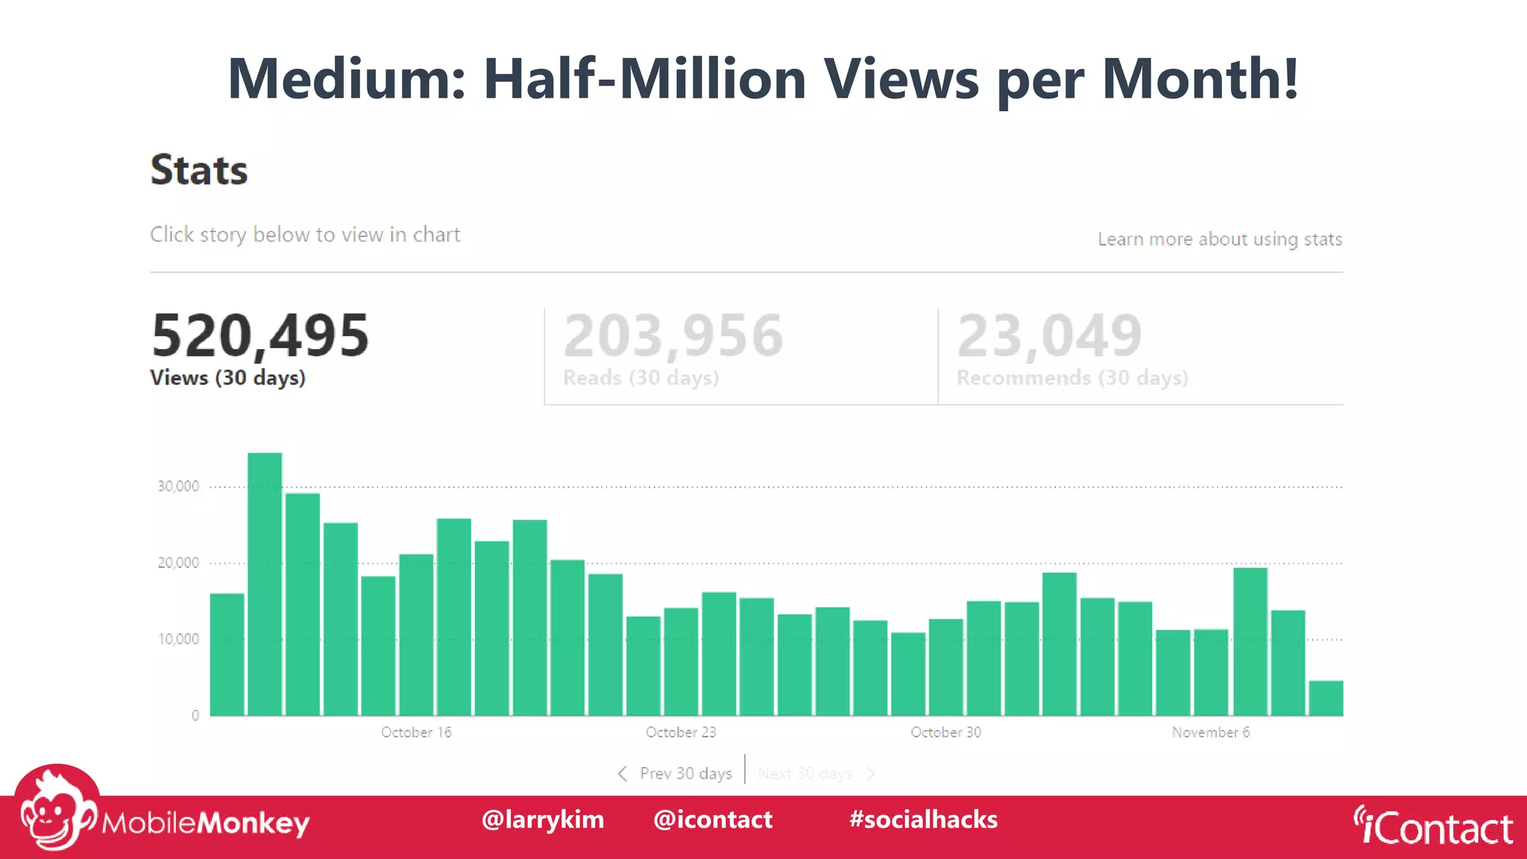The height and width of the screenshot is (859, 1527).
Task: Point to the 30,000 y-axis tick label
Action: coord(178,486)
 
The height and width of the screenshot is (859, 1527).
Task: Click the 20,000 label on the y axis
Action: coord(178,563)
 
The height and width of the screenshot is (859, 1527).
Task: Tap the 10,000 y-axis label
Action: coord(178,639)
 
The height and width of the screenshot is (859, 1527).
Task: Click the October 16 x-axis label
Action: coord(416,732)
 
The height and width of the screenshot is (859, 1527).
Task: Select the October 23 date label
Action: coord(681,732)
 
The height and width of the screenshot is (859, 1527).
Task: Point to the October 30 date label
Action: coord(945,732)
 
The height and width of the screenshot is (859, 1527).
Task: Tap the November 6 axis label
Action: coord(1210,732)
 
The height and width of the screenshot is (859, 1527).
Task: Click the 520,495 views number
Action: coord(260,336)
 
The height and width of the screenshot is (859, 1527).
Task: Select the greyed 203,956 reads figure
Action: coord(673,336)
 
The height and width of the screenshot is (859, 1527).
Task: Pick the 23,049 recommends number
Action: coord(1049,336)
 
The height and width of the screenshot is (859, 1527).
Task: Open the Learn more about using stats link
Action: coord(1219,239)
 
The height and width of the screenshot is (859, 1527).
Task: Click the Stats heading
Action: coord(199,169)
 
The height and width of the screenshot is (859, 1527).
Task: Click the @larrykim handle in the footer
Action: coord(543,819)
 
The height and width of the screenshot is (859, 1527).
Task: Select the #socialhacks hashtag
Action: coord(923,819)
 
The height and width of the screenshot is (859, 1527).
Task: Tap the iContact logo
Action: coord(1433,826)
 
